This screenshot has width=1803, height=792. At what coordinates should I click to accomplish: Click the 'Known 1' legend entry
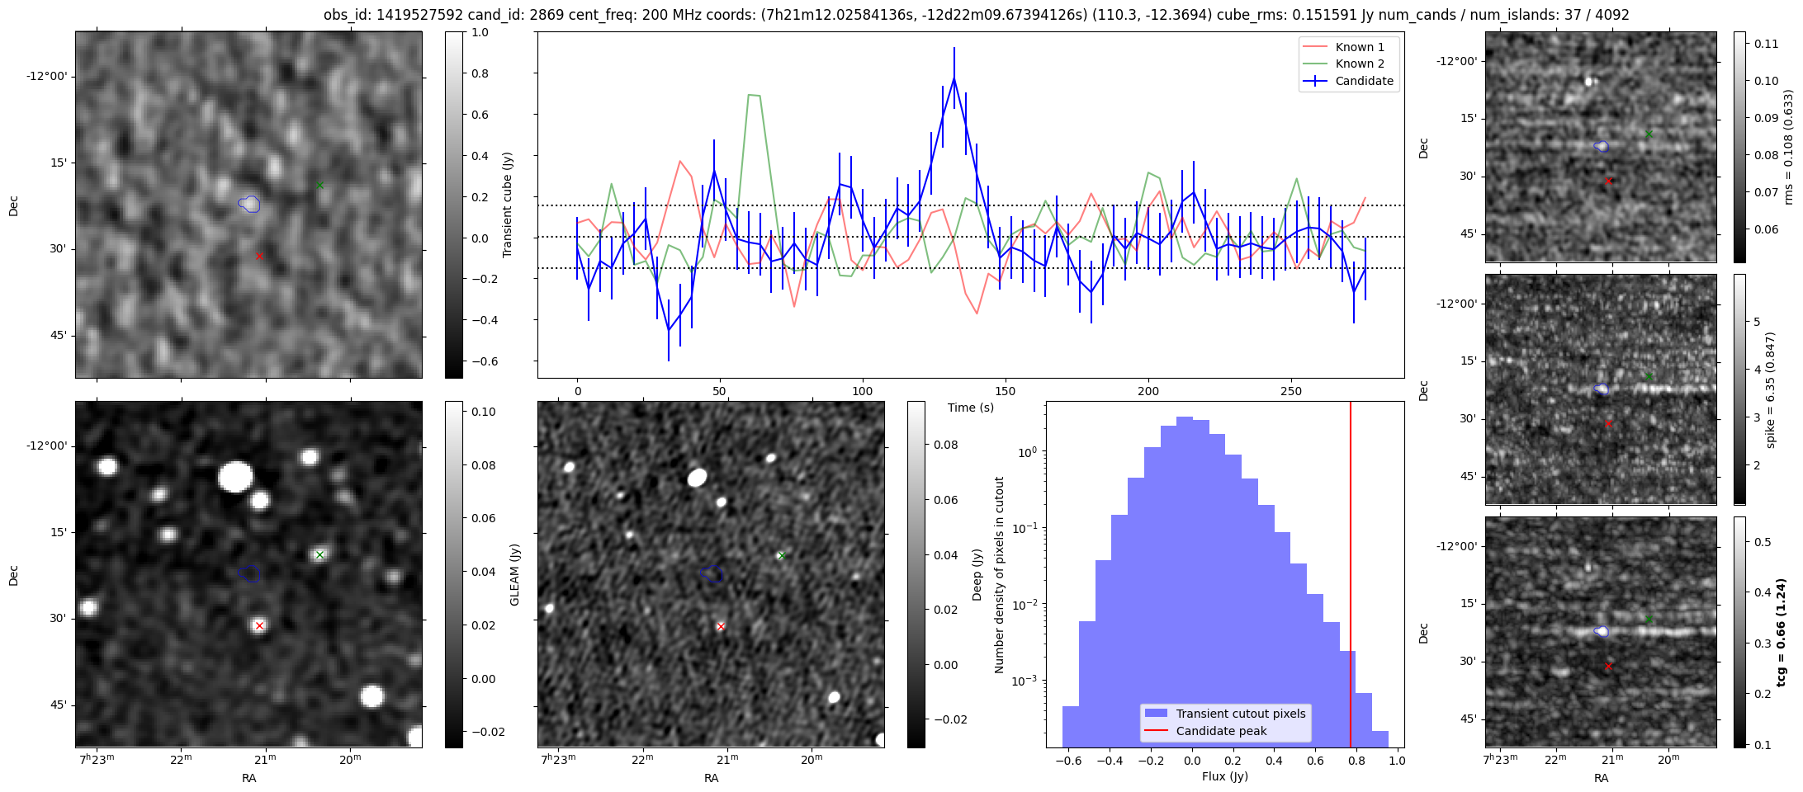pyautogui.click(x=1359, y=47)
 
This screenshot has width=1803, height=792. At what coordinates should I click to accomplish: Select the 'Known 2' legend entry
pyautogui.click(x=1359, y=64)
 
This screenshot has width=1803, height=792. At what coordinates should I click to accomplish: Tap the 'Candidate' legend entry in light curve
pyautogui.click(x=1364, y=81)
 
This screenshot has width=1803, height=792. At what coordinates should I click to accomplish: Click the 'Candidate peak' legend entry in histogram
pyautogui.click(x=1221, y=731)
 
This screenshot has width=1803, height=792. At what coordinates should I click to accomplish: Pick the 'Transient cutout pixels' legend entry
pyautogui.click(x=1240, y=714)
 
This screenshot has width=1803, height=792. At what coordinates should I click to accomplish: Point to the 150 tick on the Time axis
pyautogui.click(x=1006, y=391)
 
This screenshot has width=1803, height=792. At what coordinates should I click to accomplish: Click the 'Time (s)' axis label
pyautogui.click(x=971, y=408)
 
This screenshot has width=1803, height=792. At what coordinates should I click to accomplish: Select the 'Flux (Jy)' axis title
pyautogui.click(x=1225, y=776)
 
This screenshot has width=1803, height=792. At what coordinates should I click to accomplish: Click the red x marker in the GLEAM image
pyautogui.click(x=259, y=625)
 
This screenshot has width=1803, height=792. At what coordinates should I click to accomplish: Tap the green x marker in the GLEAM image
pyautogui.click(x=319, y=554)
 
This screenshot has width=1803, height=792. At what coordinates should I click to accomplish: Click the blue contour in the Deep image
pyautogui.click(x=712, y=573)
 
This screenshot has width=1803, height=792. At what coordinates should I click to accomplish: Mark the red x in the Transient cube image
pyautogui.click(x=259, y=257)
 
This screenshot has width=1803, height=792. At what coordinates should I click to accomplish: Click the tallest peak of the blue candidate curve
pyautogui.click(x=954, y=78)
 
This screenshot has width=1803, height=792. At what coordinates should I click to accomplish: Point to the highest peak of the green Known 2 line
pyautogui.click(x=753, y=95)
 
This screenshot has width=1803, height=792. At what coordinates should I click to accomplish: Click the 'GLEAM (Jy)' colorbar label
pyautogui.click(x=514, y=574)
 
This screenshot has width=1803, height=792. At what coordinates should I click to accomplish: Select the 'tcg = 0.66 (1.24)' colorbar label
pyautogui.click(x=1782, y=632)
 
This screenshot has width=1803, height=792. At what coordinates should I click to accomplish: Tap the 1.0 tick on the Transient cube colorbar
pyautogui.click(x=480, y=32)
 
